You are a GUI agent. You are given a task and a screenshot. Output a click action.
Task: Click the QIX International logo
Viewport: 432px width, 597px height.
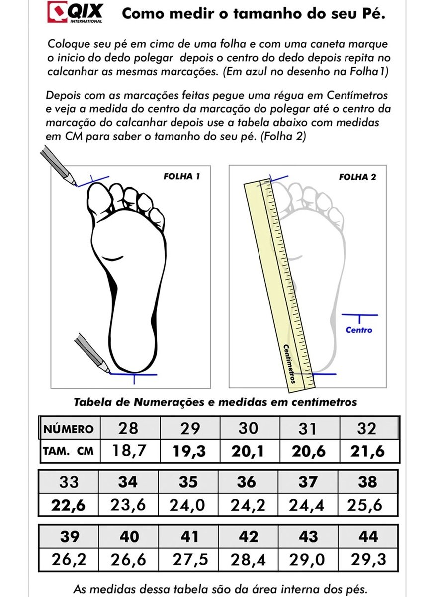point(75,12)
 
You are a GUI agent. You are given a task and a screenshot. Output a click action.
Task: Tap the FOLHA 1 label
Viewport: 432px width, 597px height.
point(182,176)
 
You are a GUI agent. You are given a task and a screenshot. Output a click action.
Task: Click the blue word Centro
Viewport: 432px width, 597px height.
point(359,330)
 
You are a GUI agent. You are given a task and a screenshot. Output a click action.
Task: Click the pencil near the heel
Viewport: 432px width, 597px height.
point(92,353)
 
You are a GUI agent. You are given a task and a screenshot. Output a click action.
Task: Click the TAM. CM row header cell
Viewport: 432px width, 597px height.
point(69,452)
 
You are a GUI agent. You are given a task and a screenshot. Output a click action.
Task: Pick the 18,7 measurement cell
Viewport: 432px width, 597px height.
point(129,452)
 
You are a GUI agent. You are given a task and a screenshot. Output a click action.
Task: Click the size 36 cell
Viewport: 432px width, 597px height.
point(246,482)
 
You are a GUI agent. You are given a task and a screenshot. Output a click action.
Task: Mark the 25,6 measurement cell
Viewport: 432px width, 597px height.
point(367,506)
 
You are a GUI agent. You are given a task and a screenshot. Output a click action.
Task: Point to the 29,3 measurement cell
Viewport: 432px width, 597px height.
point(368,560)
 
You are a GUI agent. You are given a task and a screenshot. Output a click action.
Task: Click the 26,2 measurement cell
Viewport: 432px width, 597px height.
point(69,560)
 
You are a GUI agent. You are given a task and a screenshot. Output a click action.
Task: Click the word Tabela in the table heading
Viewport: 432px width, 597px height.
point(91,402)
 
